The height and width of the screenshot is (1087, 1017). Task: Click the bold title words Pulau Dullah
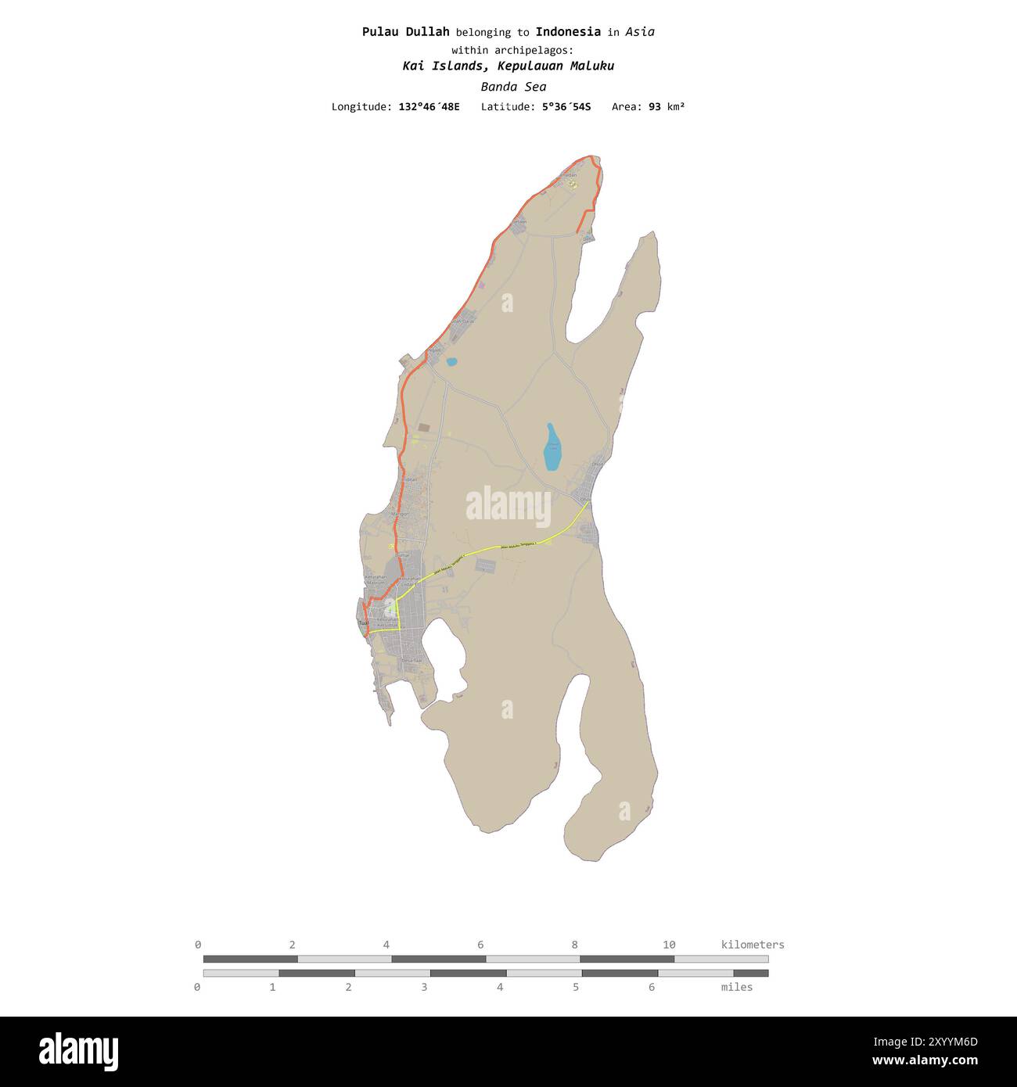[x=405, y=32]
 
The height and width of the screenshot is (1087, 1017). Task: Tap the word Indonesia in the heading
[x=568, y=32]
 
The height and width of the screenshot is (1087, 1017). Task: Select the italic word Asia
[x=640, y=32]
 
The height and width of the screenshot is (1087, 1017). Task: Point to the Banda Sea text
[x=513, y=87]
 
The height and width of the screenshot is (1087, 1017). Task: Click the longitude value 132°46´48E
[x=429, y=106]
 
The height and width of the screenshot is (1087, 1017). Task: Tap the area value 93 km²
[x=667, y=106]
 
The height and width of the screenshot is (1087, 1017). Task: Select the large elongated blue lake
[x=552, y=448]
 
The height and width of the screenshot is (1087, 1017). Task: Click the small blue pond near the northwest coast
[x=451, y=362]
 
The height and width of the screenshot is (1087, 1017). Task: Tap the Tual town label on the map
[x=363, y=623]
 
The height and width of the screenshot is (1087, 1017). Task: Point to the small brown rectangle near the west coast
[x=424, y=428]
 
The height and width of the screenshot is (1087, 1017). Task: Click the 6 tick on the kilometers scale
[x=480, y=945]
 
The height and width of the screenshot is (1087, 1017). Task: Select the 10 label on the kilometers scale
[x=669, y=945]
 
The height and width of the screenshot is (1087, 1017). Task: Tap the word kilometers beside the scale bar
[x=752, y=945]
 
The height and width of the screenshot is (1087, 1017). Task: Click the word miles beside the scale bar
[x=736, y=987]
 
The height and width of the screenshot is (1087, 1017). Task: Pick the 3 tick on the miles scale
[x=424, y=987]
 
